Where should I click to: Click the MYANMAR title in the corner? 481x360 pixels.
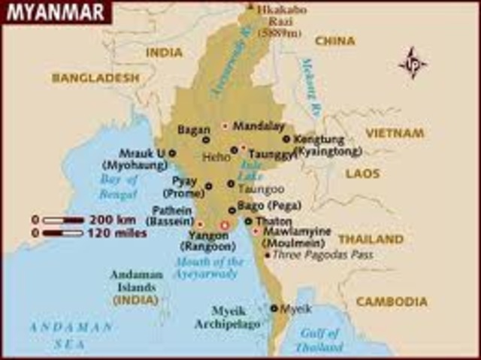[51, 13]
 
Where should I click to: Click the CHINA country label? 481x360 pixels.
[334, 41]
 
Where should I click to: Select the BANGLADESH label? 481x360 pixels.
[95, 77]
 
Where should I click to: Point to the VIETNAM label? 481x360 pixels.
[395, 133]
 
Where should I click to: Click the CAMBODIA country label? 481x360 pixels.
[392, 301]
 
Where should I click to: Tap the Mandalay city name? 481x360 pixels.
[259, 126]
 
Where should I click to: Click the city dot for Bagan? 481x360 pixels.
[205, 140]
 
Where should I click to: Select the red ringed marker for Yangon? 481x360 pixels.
[223, 225]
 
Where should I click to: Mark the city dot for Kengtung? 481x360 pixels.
[286, 139]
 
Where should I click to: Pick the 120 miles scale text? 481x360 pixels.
[116, 233]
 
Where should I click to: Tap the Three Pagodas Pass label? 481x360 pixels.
[322, 255]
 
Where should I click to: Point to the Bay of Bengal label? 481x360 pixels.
[119, 186]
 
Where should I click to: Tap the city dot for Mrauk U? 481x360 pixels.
[172, 153]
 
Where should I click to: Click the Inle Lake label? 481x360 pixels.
[251, 171]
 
